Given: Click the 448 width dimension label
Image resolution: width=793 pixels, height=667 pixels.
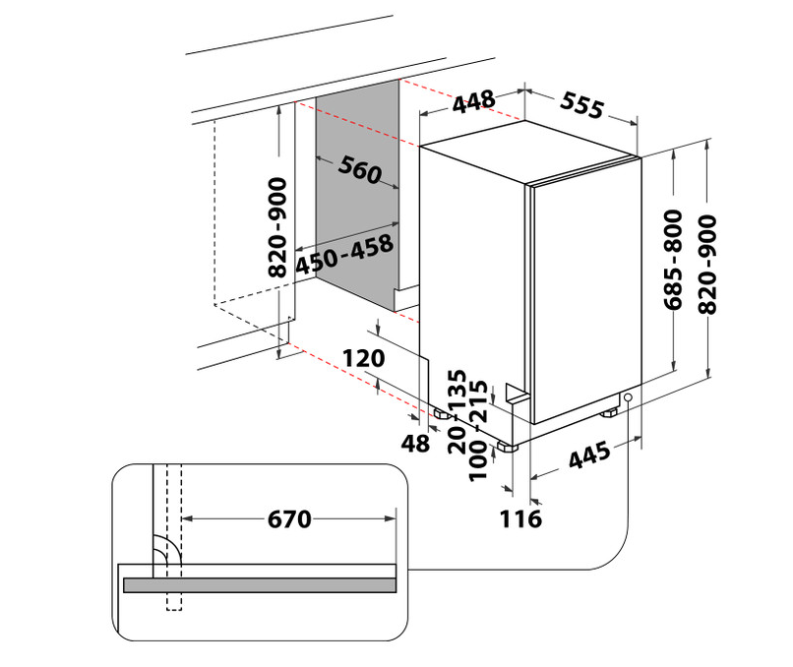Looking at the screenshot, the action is click(x=474, y=101).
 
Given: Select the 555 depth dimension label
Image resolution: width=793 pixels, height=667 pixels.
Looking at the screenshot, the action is click(x=581, y=105).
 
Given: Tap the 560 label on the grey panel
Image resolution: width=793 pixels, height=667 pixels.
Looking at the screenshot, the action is click(x=359, y=169).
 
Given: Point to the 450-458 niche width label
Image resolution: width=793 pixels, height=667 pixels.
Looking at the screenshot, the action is click(x=344, y=255).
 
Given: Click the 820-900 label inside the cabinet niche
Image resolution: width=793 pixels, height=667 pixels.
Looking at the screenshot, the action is click(x=277, y=227).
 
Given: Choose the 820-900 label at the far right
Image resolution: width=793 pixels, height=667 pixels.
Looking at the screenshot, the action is click(x=707, y=265).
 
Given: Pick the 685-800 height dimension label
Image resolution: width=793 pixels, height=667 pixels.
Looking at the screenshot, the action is click(x=673, y=260).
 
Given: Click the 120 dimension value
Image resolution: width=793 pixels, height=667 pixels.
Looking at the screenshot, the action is click(x=364, y=358).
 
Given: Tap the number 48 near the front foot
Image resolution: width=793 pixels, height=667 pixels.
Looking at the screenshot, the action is click(x=415, y=444).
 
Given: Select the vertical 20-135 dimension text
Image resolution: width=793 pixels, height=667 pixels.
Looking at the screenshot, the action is click(x=457, y=411).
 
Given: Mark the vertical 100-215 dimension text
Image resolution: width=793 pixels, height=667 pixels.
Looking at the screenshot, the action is click(x=478, y=431).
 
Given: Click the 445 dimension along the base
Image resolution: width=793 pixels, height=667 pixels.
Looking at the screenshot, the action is click(x=589, y=455).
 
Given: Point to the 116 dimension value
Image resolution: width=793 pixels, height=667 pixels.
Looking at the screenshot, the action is click(x=520, y=519).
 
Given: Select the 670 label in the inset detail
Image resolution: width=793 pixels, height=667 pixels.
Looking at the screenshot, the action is click(x=289, y=519).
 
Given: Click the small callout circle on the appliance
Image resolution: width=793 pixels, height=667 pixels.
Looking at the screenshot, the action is click(x=628, y=397).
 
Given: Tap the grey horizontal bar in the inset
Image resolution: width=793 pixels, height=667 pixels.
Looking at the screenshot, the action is click(x=260, y=585).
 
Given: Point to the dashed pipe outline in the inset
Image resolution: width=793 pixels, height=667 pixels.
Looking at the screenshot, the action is click(x=174, y=537).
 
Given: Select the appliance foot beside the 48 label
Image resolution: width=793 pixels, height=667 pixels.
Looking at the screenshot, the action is click(x=442, y=414).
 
